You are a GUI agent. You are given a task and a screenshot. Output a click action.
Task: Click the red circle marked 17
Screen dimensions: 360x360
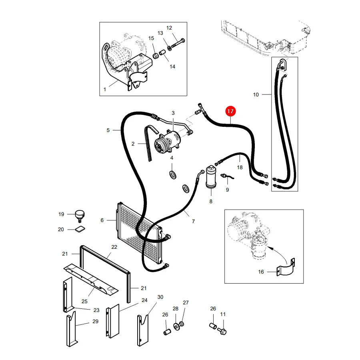(230, 111)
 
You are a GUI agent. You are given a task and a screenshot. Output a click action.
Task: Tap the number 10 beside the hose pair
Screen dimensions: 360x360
(256, 94)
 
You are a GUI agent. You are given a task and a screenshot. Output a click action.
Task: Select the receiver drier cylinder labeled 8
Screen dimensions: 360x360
(211, 177)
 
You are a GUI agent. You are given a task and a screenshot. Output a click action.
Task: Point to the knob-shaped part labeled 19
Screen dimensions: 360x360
(80, 215)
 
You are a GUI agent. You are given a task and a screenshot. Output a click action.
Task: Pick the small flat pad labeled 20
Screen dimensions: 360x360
(80, 229)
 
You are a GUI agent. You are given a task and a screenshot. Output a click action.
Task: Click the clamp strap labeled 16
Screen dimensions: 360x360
(286, 269)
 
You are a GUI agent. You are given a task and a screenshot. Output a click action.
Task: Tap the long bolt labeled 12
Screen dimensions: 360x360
(178, 43)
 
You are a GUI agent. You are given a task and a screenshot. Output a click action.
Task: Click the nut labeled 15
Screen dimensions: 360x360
(156, 56)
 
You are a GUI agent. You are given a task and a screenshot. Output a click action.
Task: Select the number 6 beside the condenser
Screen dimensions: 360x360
(102, 220)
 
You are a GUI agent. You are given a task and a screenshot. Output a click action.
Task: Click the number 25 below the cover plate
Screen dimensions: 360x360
(84, 301)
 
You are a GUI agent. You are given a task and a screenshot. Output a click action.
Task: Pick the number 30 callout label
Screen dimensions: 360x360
(160, 297)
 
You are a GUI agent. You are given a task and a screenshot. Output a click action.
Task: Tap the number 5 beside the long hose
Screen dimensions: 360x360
(108, 130)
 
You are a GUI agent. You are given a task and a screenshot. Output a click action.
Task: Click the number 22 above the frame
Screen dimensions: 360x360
(114, 247)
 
